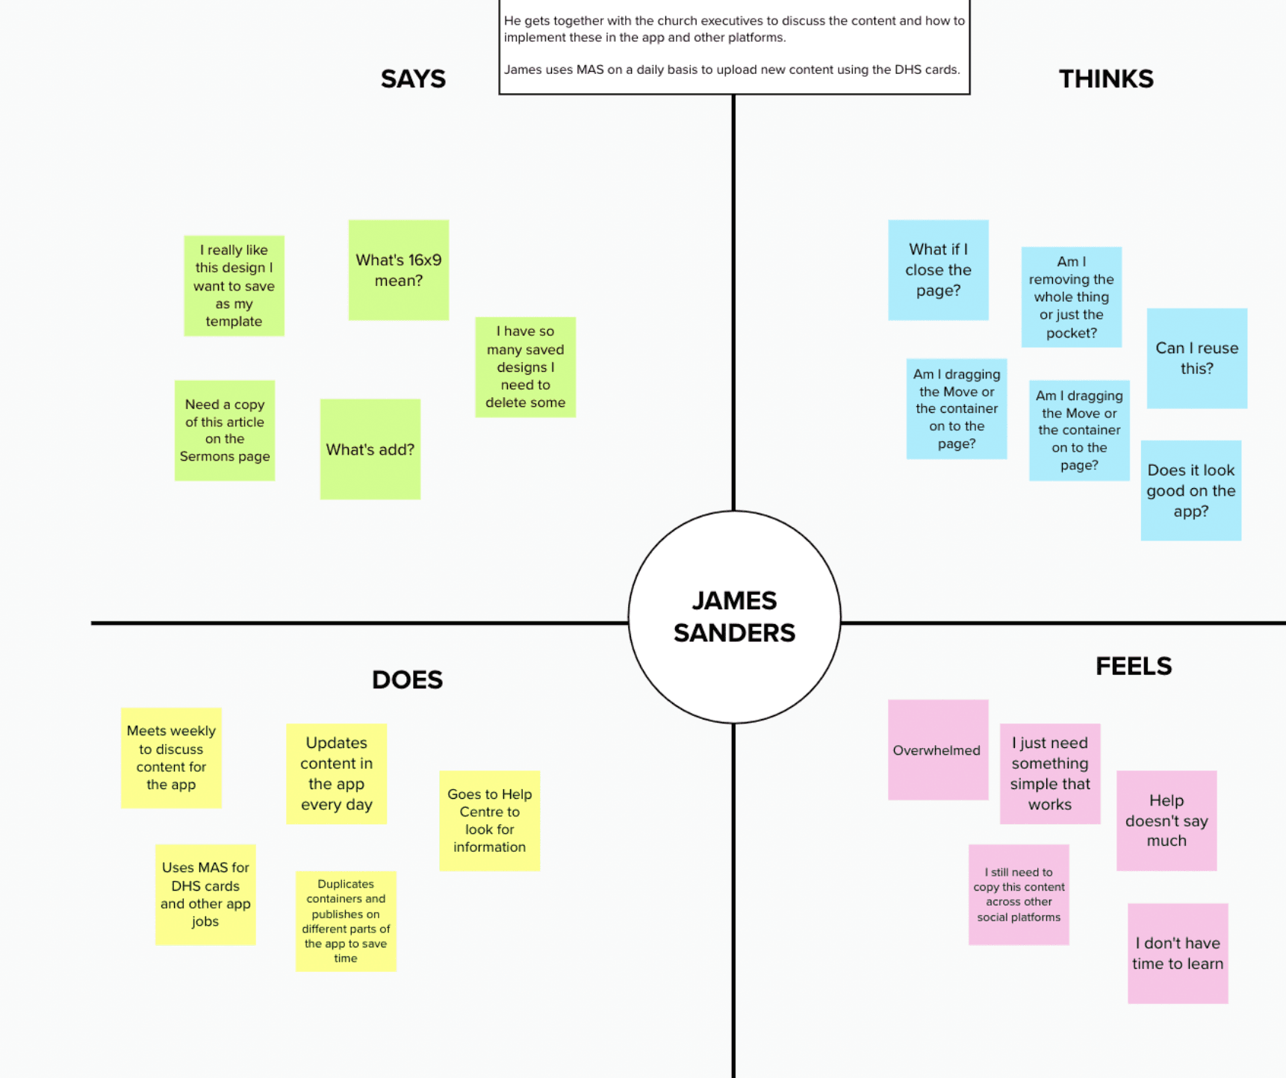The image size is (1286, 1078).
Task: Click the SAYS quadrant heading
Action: (413, 79)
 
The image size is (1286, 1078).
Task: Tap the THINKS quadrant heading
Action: (1106, 79)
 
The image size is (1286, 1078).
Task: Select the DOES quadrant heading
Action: (407, 680)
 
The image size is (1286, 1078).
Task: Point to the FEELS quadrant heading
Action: (1133, 666)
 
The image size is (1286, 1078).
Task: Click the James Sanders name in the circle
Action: (734, 617)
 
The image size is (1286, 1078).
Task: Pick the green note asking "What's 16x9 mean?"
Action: (399, 270)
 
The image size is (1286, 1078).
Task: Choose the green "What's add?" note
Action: (370, 449)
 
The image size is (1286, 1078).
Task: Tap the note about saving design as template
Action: (234, 286)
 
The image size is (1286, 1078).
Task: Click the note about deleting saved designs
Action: (526, 367)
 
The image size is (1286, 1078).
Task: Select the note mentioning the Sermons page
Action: (225, 431)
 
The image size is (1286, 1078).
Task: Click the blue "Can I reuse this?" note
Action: (1196, 358)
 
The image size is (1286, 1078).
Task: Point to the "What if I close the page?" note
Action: (938, 270)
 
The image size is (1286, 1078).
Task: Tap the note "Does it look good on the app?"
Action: (1190, 490)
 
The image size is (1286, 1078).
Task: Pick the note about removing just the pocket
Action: (1071, 297)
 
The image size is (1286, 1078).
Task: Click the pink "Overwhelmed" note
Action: (938, 750)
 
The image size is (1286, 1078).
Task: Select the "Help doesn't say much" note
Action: (1167, 820)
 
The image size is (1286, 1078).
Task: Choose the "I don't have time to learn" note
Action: (1178, 953)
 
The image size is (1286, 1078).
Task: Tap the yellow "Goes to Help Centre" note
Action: (489, 820)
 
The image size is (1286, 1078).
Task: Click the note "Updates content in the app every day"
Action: (336, 773)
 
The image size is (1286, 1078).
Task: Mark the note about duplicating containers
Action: (346, 921)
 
